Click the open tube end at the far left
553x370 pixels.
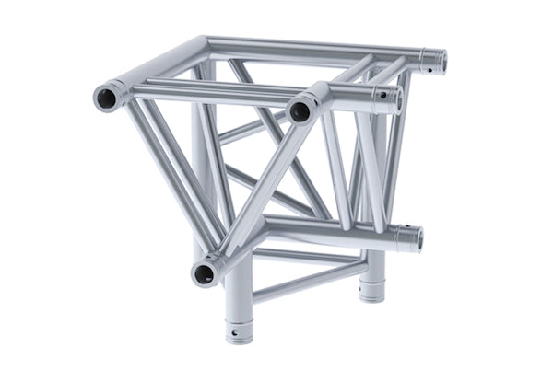108,96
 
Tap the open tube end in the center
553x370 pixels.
300,111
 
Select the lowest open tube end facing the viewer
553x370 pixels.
205,272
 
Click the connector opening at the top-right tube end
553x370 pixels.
441,63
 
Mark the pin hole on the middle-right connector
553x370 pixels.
379,94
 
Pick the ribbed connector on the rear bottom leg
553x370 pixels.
372,287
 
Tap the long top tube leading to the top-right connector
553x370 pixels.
313,46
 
